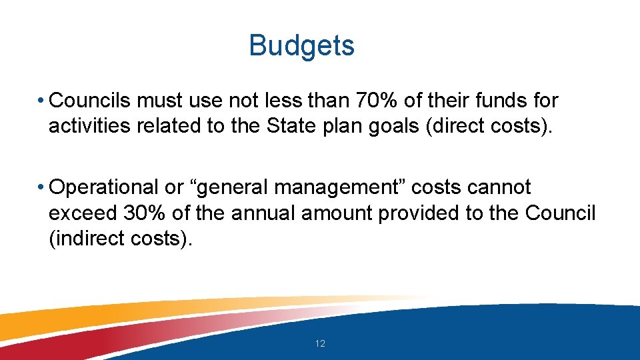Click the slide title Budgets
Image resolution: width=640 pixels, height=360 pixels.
click(x=301, y=46)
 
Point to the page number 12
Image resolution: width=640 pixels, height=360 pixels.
click(x=320, y=343)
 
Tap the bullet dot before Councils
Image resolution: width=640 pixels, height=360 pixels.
click(x=41, y=101)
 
